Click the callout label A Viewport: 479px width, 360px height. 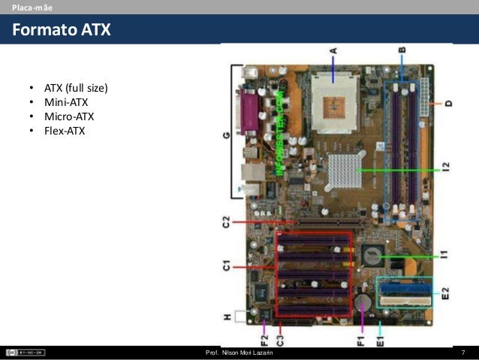click(x=333, y=52)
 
